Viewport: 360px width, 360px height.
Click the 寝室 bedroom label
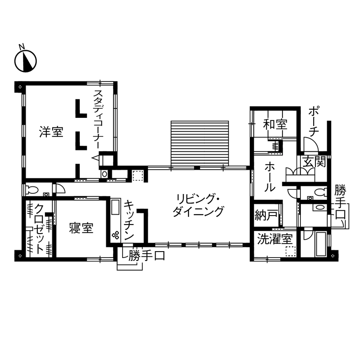(81, 228)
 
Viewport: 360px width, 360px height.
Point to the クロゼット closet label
(39, 228)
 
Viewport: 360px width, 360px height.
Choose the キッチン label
(130, 220)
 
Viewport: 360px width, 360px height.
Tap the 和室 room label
(275, 125)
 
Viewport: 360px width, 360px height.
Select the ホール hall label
(270, 176)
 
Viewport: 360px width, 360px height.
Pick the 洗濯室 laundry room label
(275, 239)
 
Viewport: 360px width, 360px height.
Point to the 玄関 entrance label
(314, 162)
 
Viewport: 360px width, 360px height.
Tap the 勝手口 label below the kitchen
(146, 256)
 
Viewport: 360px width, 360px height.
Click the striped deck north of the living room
(200, 143)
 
